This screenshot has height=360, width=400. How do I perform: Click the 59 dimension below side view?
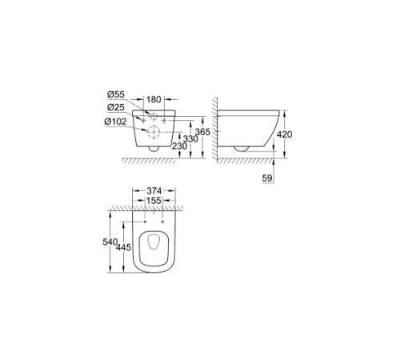point(267,178)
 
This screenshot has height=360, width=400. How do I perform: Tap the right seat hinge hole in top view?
point(163,222)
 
